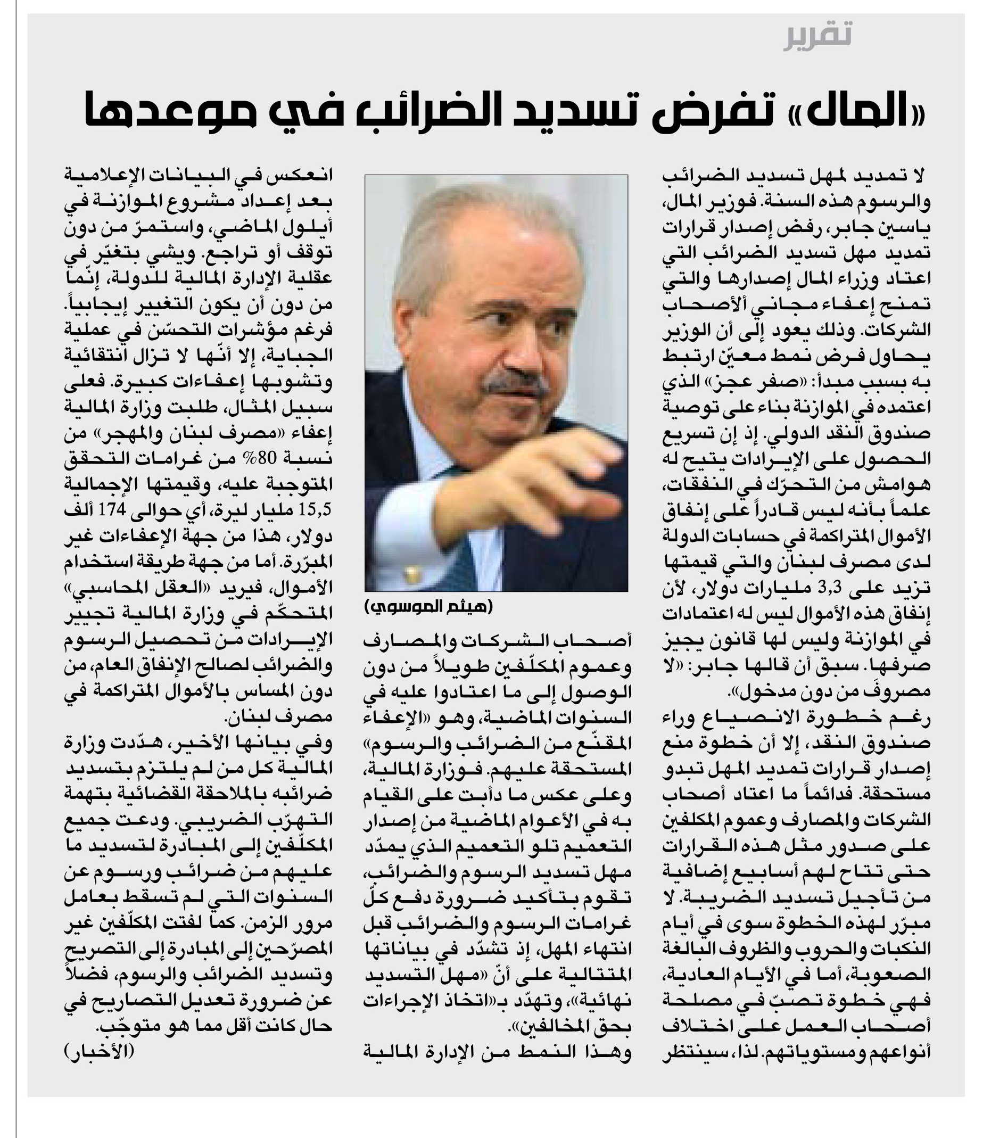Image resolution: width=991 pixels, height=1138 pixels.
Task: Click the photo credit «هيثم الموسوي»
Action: [428, 607]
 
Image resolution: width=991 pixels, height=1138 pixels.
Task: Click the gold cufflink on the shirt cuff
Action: [410, 575]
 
